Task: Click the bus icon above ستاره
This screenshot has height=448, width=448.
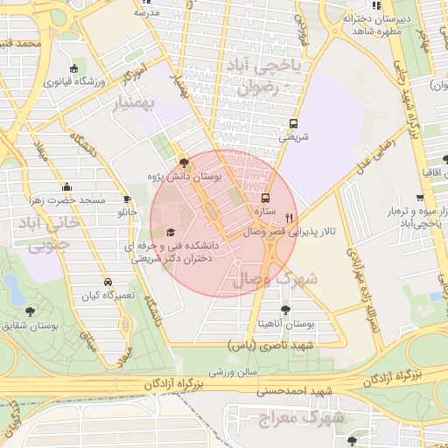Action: click(267, 199)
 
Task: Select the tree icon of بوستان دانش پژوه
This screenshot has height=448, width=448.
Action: click(183, 163)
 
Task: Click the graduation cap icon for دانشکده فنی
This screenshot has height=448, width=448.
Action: click(170, 232)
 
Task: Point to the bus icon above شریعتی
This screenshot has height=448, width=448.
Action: click(293, 123)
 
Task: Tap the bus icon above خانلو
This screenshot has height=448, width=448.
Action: click(128, 199)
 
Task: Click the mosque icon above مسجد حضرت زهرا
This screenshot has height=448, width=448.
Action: click(73, 186)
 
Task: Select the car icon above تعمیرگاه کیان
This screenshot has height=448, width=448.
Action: click(107, 282)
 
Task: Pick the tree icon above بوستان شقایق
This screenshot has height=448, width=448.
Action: click(31, 311)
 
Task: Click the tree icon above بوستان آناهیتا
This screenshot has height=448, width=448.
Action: click(284, 309)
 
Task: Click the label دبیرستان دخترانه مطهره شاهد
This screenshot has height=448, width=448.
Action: click(380, 24)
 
